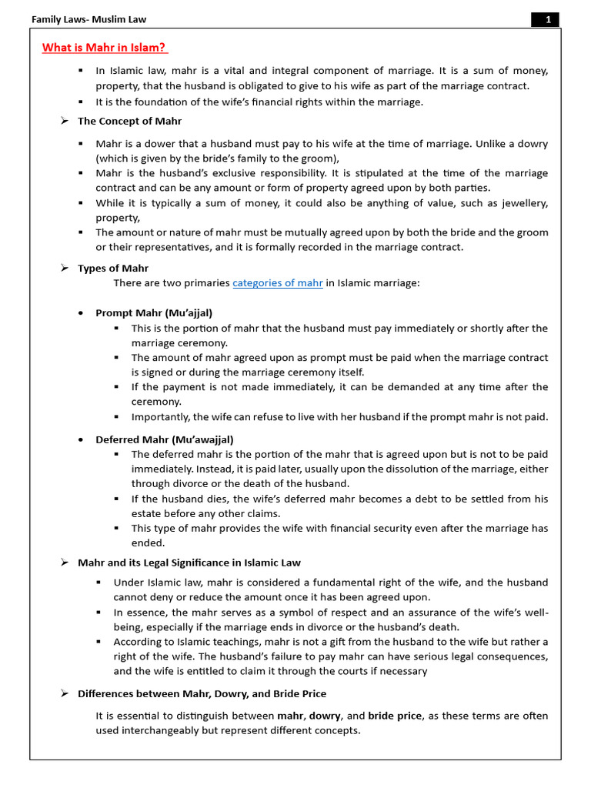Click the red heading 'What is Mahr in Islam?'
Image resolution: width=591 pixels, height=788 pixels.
pos(104,48)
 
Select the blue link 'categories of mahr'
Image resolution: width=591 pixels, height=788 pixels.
pos(278,283)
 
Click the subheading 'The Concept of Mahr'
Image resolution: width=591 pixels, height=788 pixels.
pos(130,122)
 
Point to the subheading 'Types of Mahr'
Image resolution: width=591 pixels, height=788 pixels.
pos(113,269)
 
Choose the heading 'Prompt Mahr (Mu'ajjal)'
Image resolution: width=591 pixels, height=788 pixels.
pos(154,313)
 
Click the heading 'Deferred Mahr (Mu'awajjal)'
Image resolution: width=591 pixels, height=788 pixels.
pos(165,439)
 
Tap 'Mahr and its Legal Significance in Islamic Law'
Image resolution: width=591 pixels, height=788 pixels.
pos(189,563)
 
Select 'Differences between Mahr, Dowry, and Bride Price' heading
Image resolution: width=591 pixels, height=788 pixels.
pos(202,694)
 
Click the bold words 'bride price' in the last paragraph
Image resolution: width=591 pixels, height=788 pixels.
pos(395,716)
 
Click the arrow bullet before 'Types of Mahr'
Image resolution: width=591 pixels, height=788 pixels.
pos(65,269)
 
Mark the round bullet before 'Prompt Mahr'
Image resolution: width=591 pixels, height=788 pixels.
pos(82,313)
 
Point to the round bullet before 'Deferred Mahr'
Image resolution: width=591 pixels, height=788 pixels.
pos(82,439)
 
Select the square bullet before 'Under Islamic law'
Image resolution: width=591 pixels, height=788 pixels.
pos(99,583)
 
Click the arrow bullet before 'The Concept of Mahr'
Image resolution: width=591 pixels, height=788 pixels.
pos(65,122)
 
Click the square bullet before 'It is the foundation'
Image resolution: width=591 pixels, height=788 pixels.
pos(81,102)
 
